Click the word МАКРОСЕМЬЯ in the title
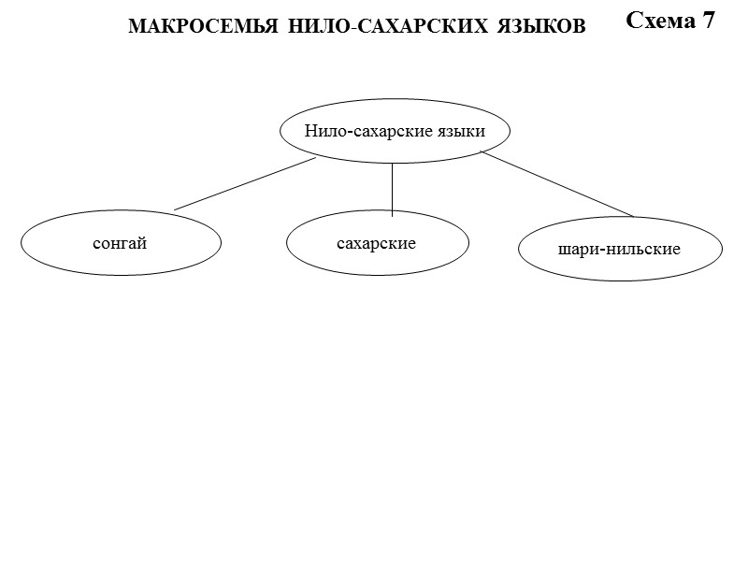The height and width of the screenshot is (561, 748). point(190,27)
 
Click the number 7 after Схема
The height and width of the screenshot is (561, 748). point(709,21)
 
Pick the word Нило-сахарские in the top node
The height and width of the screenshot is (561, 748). point(366,131)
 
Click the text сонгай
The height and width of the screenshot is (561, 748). point(121,244)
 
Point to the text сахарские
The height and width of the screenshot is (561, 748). point(377,244)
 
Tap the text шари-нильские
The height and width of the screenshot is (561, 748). point(619,250)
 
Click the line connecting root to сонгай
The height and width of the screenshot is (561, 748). point(245,183)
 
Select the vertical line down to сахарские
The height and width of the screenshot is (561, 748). point(392,187)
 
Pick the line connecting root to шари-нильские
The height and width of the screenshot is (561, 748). point(557,184)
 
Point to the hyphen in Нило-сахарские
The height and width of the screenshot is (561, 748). point(348,132)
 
